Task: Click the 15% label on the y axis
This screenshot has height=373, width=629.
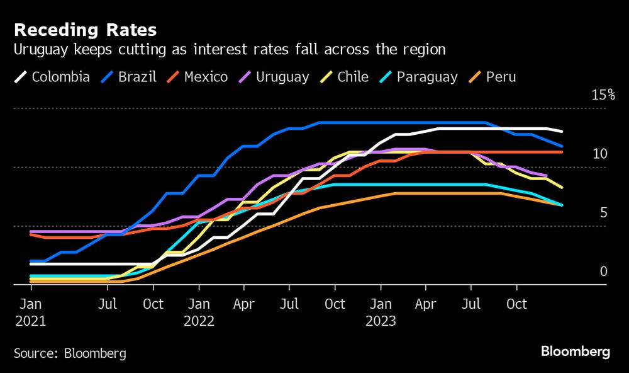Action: (x=603, y=95)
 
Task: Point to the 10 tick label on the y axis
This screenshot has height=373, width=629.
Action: (x=599, y=154)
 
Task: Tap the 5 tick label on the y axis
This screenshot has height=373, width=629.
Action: (x=603, y=212)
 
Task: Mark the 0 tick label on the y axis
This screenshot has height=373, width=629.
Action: (x=603, y=271)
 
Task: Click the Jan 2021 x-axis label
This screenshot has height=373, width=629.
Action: (x=30, y=312)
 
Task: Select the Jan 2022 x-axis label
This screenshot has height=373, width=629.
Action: (x=199, y=312)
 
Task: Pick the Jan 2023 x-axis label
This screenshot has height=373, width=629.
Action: (x=380, y=312)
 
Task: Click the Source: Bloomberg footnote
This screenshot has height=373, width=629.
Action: (x=70, y=353)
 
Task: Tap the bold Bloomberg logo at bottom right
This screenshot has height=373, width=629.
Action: (x=575, y=352)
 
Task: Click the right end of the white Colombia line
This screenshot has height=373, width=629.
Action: (x=562, y=131)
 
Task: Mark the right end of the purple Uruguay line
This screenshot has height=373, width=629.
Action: (x=546, y=176)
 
